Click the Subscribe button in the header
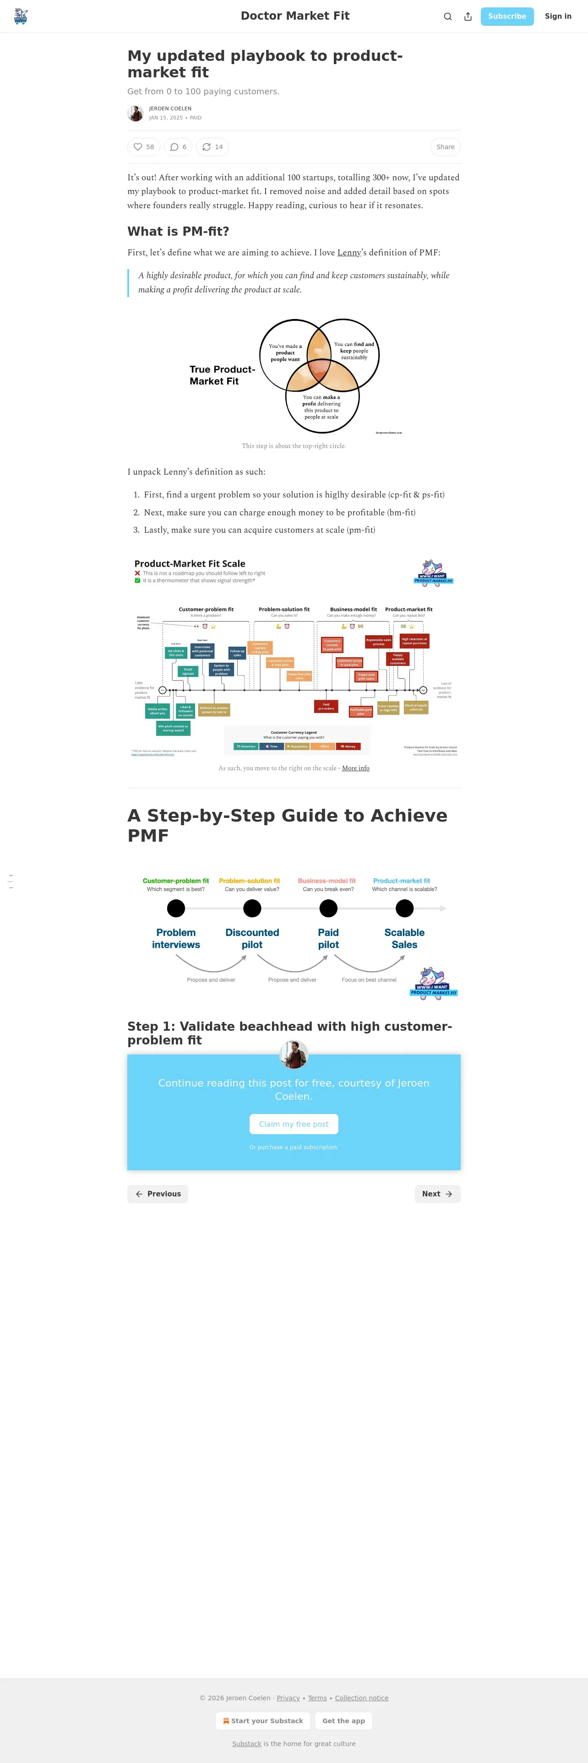[506, 16]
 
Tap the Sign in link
[557, 16]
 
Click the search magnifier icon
[448, 16]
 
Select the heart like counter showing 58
[144, 147]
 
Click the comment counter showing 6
[178, 147]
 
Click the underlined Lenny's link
[349, 253]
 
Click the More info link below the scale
[355, 768]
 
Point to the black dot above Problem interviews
[176, 908]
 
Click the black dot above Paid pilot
[328, 908]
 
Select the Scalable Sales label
[404, 938]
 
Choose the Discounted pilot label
[252, 938]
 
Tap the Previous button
[158, 1194]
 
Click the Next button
[437, 1194]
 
